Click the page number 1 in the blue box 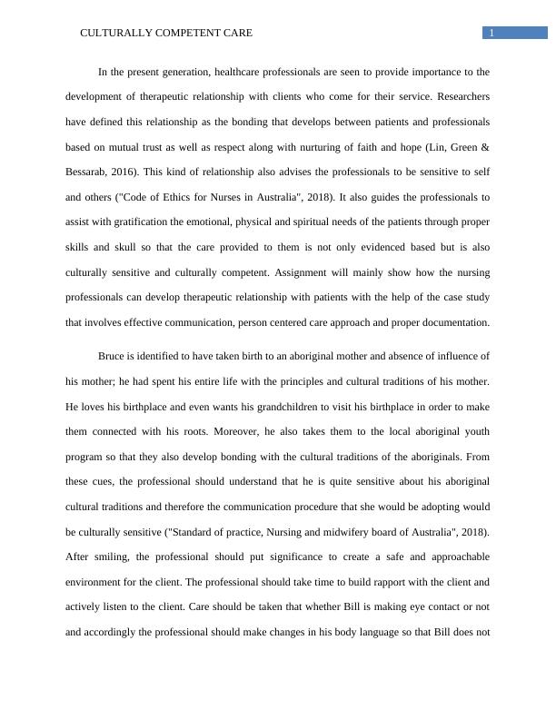click(491, 34)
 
